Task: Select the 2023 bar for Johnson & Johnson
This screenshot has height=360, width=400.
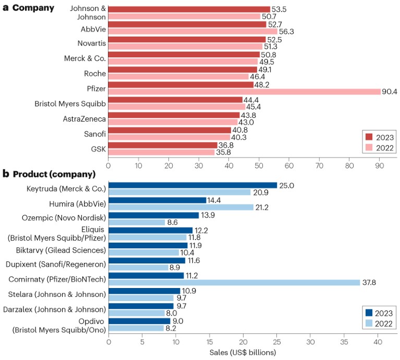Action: tap(189, 9)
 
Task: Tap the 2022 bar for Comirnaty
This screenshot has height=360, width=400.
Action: tap(234, 282)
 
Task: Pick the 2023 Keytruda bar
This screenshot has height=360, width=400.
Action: tap(192, 185)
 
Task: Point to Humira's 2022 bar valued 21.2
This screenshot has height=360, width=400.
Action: tap(181, 208)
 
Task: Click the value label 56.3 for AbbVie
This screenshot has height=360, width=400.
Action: tap(287, 31)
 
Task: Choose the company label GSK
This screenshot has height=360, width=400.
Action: tap(99, 149)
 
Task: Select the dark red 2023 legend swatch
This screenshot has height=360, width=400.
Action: tap(369, 137)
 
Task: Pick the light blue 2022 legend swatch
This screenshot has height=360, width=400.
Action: tap(369, 325)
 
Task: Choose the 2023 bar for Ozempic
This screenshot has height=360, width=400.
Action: tap(154, 215)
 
